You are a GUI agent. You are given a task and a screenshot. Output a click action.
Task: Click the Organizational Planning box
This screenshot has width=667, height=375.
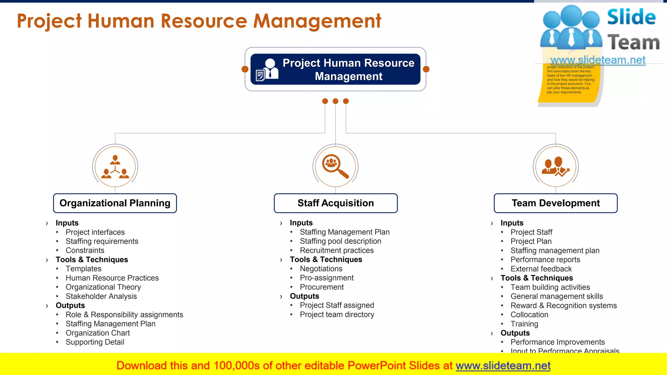115,203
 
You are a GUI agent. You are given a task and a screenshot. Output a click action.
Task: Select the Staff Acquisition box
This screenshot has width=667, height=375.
335,203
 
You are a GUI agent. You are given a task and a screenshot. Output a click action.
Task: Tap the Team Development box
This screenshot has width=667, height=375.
556,203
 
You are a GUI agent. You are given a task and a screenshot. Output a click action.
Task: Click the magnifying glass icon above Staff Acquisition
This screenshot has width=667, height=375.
335,166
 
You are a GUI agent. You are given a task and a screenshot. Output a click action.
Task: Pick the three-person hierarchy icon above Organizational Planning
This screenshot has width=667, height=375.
115,167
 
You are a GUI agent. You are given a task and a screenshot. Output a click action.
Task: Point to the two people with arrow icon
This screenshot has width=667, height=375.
556,167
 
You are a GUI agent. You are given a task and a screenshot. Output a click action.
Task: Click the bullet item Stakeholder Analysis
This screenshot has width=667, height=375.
101,296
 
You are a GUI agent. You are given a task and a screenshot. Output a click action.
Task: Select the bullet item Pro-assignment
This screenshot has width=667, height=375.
327,278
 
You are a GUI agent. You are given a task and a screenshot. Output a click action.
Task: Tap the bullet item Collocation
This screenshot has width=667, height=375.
529,315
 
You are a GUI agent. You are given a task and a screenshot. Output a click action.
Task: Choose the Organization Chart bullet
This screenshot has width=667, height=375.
98,333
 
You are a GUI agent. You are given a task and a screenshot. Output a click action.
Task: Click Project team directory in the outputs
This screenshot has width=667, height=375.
337,314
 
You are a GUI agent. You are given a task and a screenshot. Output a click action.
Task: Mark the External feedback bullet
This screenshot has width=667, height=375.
541,269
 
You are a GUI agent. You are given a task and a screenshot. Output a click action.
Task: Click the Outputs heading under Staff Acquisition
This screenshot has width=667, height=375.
305,296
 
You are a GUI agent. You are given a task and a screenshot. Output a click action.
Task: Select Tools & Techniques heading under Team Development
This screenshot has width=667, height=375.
536,278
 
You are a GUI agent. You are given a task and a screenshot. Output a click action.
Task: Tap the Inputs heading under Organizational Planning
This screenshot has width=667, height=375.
67,223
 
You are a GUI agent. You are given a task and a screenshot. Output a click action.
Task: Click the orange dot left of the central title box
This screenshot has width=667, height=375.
245,69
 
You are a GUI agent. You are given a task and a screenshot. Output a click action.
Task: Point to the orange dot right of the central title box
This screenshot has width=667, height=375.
426,69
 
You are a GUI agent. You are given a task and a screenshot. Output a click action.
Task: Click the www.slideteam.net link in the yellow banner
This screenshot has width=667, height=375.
503,366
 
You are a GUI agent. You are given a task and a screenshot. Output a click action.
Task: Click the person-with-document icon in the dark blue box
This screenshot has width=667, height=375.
267,69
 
